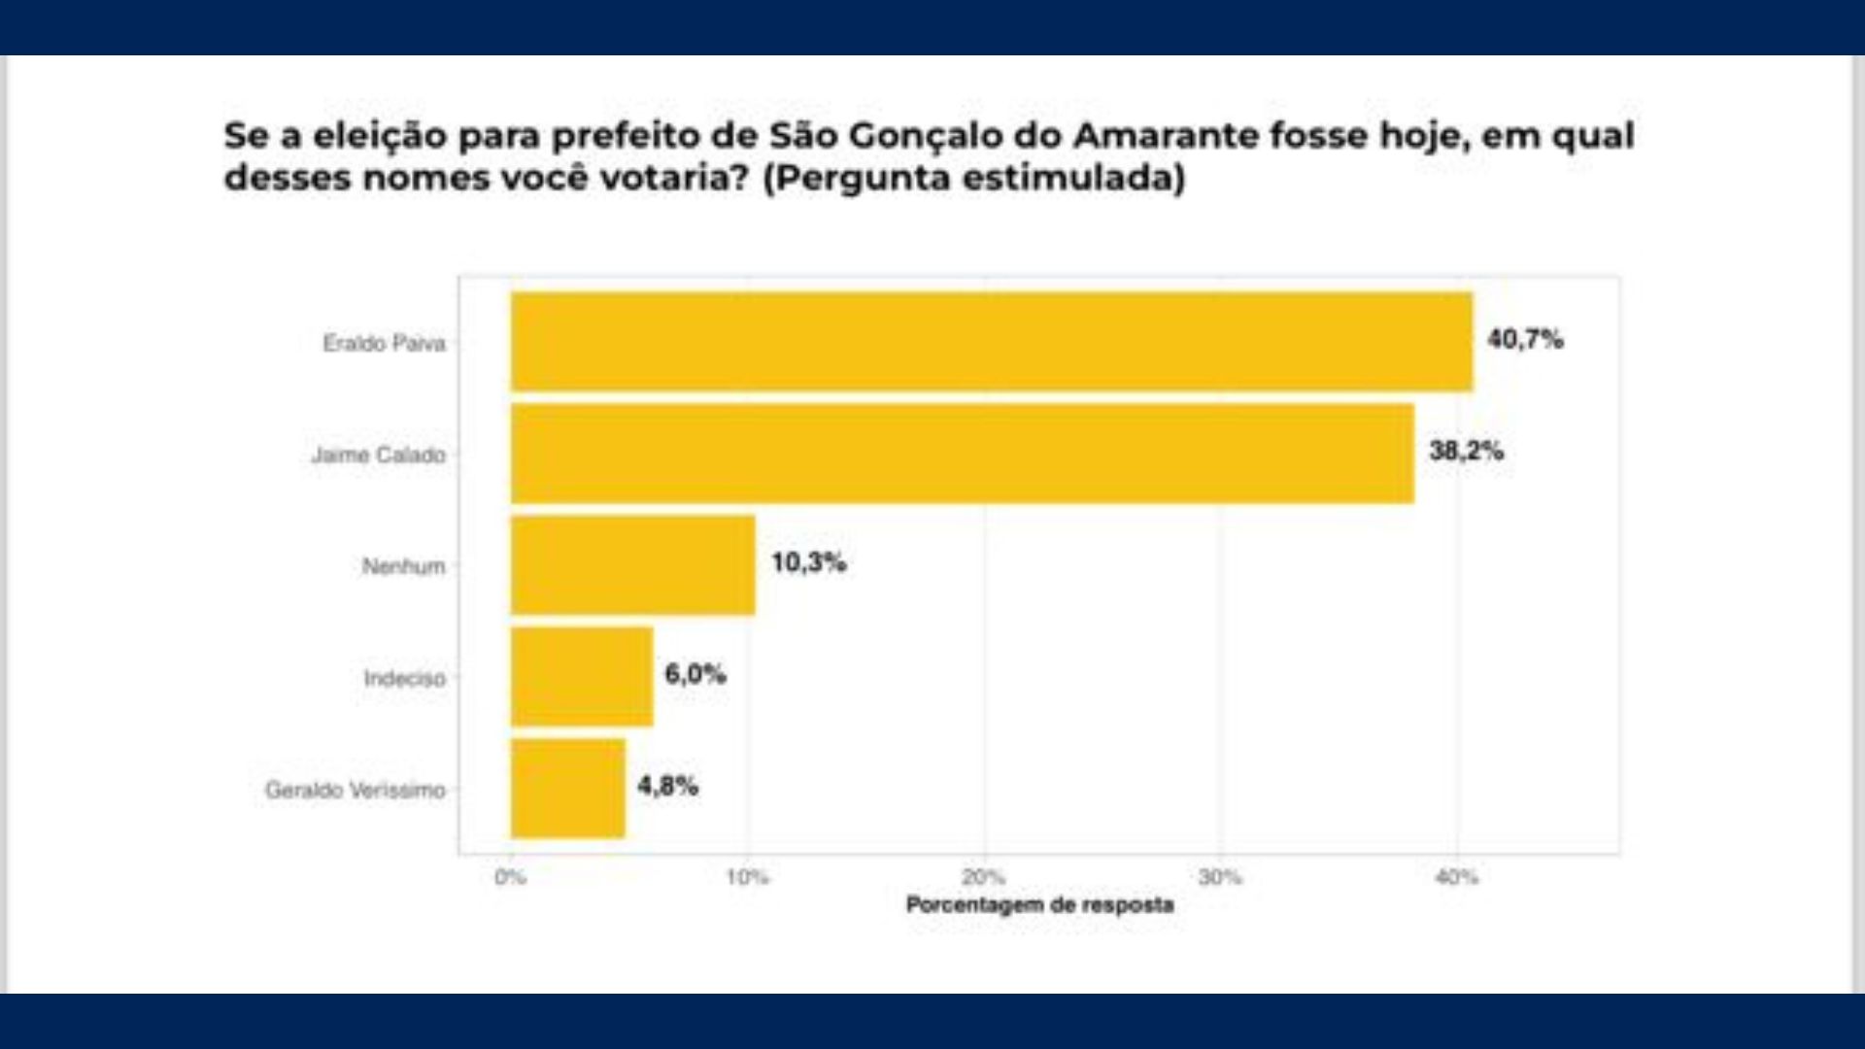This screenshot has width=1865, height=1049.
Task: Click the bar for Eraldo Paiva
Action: pos(991,342)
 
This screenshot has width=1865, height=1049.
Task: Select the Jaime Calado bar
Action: pos(962,454)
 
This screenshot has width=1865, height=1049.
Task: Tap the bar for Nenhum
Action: pos(632,565)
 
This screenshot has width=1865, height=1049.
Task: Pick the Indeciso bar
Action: pos(582,677)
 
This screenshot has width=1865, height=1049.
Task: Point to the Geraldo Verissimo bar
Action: pos(568,789)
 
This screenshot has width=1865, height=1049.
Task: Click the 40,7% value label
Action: pos(1525,340)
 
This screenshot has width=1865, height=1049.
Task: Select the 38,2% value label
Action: pos(1466,452)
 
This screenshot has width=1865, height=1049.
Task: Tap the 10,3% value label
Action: pos(808,563)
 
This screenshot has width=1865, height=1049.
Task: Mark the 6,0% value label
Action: pos(695,675)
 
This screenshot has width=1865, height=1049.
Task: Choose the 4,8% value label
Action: pos(667,787)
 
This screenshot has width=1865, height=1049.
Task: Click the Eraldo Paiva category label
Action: pos(384,344)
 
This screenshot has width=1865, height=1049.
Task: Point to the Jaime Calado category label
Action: pos(378,456)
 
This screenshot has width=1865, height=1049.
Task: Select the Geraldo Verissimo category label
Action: pos(356,791)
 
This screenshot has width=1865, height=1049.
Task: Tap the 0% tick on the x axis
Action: pos(510,878)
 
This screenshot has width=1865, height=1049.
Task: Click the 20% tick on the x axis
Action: pos(983,878)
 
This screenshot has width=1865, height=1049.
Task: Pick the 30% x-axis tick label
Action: pos(1220,878)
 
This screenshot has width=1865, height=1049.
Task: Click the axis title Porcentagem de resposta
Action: pos(1039,905)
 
